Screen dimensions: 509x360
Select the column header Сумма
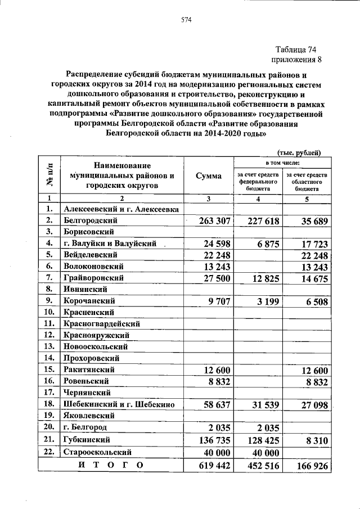[x=208, y=176]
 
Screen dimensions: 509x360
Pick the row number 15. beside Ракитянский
[x=49, y=370]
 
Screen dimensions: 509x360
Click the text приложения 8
[x=298, y=60]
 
